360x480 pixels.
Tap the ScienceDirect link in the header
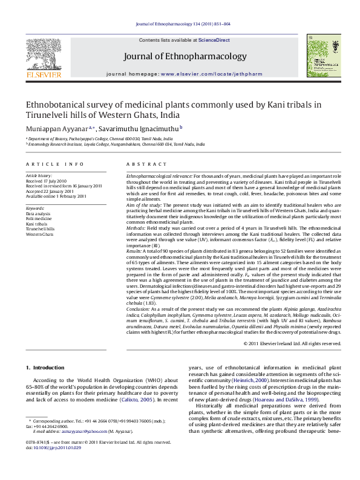[214, 40]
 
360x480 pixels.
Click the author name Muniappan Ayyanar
[58, 128]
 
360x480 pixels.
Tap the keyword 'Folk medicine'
[40, 219]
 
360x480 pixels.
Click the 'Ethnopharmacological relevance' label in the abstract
[159, 175]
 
